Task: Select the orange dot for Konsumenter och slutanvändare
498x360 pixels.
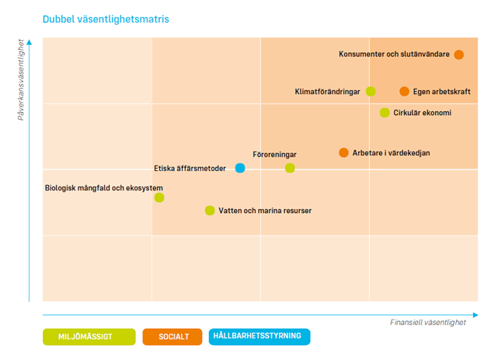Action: coord(459,54)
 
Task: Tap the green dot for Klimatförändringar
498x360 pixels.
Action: coord(371,92)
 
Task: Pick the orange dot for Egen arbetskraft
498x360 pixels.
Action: coord(404,92)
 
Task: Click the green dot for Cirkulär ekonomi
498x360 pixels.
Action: coord(385,113)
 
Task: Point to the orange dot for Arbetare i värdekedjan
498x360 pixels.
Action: coord(343,152)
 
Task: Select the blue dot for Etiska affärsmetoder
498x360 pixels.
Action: coord(240,168)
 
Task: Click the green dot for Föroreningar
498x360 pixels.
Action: coord(290,168)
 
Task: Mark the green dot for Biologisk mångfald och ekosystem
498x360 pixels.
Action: coord(159,197)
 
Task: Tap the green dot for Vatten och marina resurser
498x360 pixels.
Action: coord(210,211)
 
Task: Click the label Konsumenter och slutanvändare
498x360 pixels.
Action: coord(395,54)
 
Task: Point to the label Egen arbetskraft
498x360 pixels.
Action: coord(442,92)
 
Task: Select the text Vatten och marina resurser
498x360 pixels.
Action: coord(265,211)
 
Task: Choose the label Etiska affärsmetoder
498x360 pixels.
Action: coord(190,168)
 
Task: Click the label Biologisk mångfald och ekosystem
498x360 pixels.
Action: coord(103,187)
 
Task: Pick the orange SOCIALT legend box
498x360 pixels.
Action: coord(173,337)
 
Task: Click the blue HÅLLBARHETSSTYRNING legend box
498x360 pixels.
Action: coord(259,337)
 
